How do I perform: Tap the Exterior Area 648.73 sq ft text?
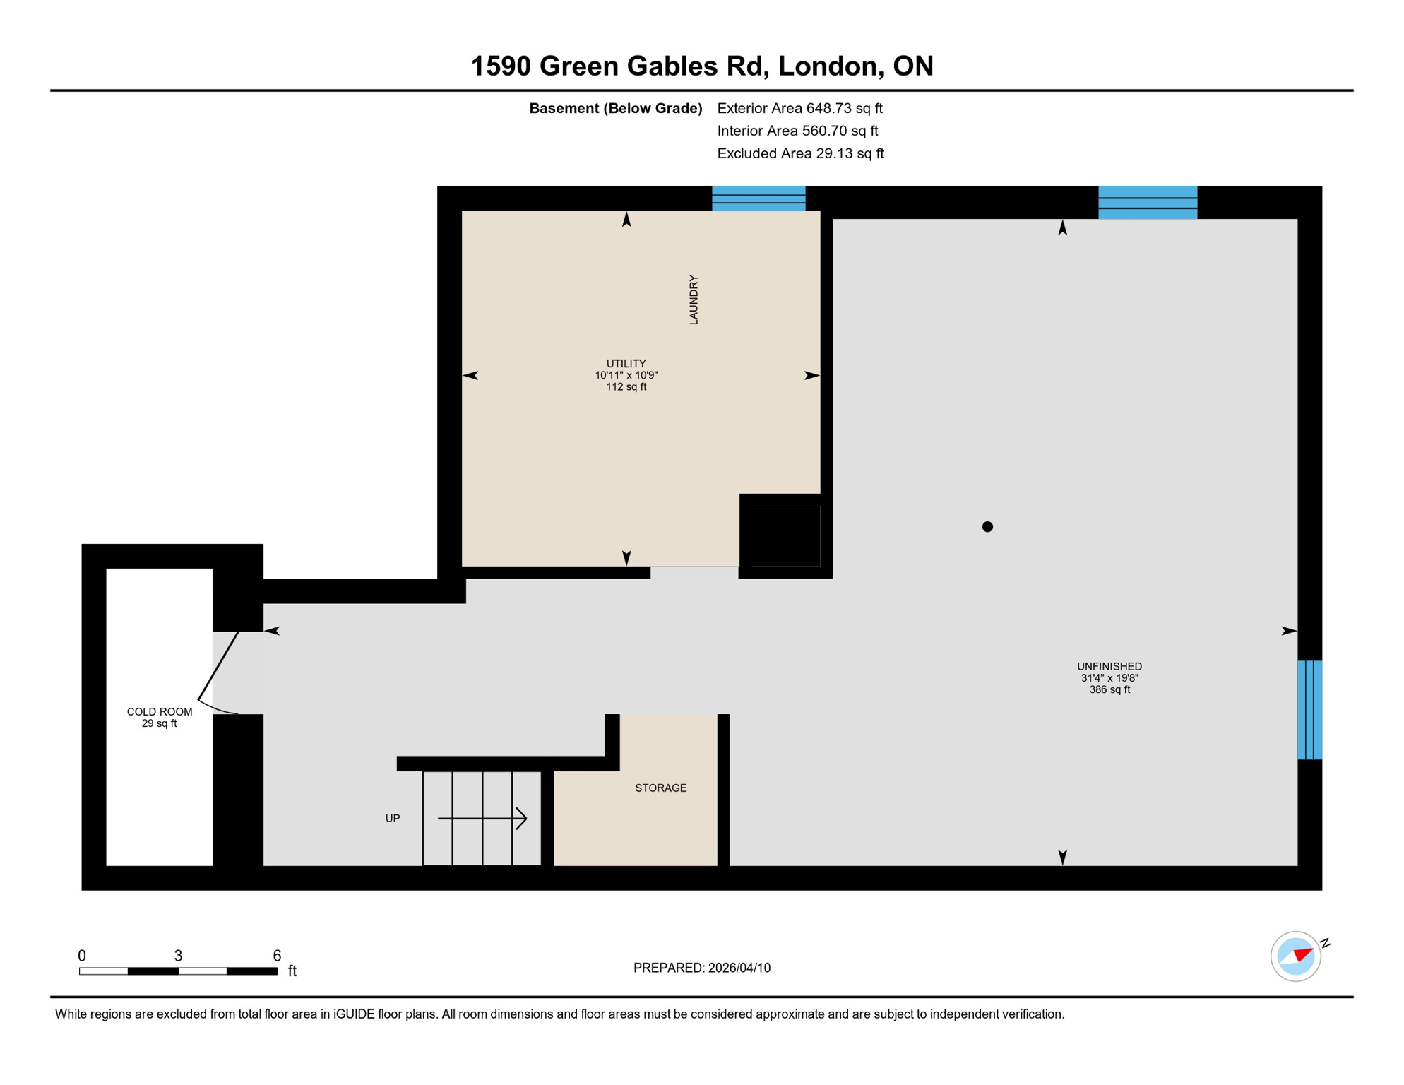point(799,108)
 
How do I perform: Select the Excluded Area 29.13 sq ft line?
point(799,153)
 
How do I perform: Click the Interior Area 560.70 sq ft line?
point(797,131)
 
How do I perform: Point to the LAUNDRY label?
point(694,300)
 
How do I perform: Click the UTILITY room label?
point(626,364)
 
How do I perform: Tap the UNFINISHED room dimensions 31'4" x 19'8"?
point(1109,678)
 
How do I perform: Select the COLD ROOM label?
point(159,712)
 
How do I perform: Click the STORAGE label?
point(660,788)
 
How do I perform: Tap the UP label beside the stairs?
point(393,819)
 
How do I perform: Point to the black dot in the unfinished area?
point(987,526)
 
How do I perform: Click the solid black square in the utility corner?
point(785,535)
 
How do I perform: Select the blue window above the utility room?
point(758,198)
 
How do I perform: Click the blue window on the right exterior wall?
point(1309,710)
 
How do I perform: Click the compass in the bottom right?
point(1295,956)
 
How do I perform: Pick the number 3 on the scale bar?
point(178,956)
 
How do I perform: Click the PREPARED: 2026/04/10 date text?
point(701,968)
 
